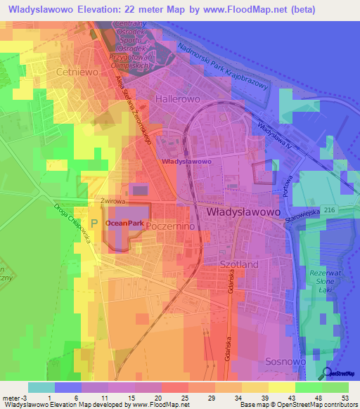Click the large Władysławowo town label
243,211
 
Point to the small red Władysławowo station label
187,162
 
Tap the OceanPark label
124,223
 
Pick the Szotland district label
240,264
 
